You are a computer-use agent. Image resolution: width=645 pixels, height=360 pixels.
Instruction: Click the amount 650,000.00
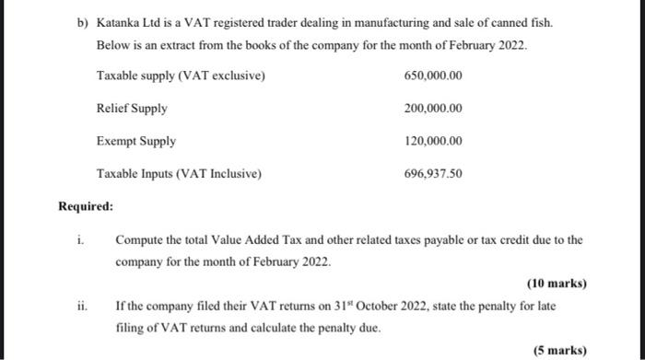pos(433,75)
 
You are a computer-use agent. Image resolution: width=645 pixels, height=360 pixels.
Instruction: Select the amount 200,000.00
pos(433,109)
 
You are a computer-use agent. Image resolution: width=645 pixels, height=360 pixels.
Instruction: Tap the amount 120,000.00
pos(433,142)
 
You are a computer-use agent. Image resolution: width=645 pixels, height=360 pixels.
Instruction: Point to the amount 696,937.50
pos(433,174)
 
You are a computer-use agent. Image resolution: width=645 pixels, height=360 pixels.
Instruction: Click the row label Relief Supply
pos(132,109)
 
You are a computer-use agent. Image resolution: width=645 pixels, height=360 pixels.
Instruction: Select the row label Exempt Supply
pos(136,142)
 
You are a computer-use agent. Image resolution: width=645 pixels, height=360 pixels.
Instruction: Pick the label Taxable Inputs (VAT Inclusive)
pos(180,174)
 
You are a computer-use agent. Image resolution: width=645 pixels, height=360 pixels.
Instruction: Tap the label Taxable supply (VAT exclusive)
pos(181,75)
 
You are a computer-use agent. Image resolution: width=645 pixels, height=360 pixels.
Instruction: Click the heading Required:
pos(86,207)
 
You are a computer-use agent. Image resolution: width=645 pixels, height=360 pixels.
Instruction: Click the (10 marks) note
pos(557,284)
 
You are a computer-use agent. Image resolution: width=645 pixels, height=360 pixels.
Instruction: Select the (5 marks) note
pos(559,350)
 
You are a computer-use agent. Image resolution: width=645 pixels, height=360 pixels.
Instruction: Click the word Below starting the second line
pos(113,45)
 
